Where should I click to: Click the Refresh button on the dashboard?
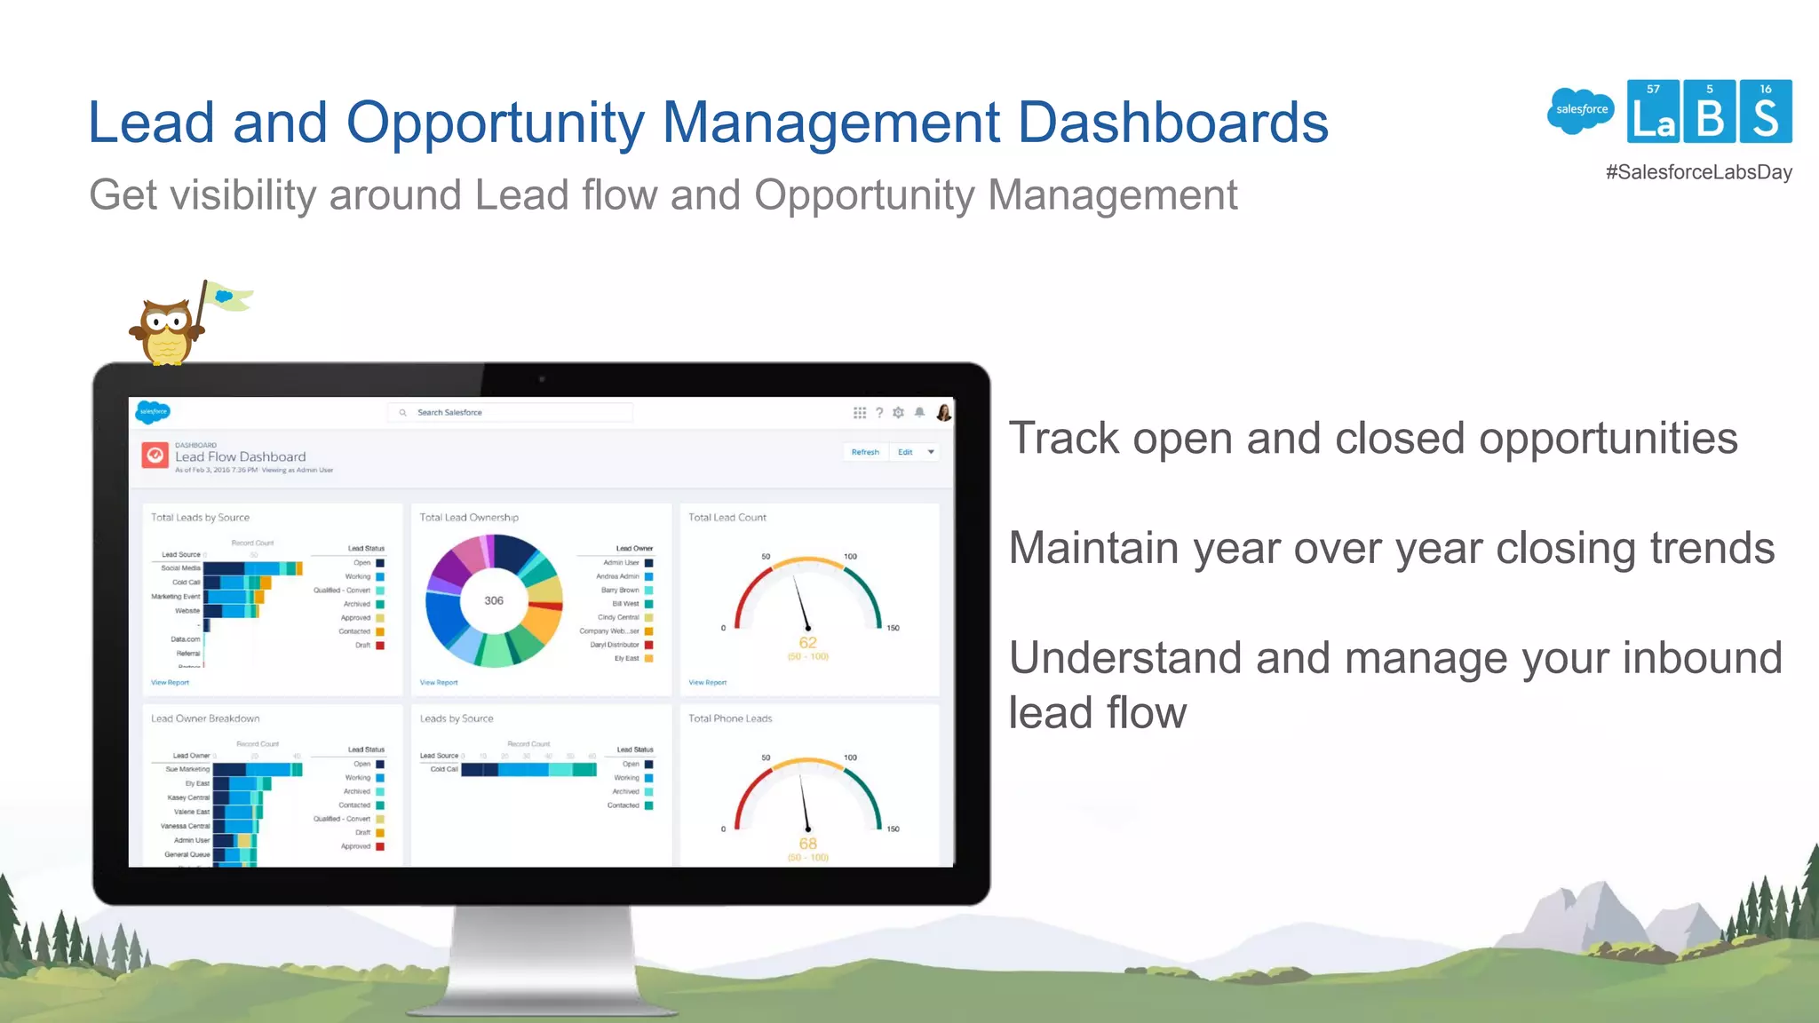point(864,452)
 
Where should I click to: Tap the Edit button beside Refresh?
point(905,452)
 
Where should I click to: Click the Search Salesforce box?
point(510,413)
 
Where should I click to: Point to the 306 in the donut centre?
point(494,601)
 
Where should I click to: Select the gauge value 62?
point(807,643)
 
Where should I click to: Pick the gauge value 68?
point(807,844)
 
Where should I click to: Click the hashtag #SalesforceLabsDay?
point(1698,172)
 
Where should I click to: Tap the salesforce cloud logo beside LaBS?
point(1581,110)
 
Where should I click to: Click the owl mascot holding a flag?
point(167,329)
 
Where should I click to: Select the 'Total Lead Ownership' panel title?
point(469,518)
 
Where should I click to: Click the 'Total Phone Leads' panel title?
point(730,718)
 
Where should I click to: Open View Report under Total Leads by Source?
point(170,683)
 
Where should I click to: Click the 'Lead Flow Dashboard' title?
point(240,457)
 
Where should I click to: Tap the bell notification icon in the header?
point(920,413)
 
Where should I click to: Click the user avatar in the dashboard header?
point(943,413)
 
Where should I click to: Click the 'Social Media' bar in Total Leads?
point(253,568)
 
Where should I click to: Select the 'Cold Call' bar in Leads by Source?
point(528,769)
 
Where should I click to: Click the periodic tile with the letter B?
point(1710,112)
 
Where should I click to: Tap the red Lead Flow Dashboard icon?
point(155,456)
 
